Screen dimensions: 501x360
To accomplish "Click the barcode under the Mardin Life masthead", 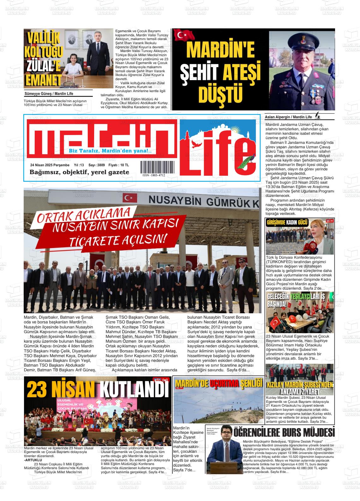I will [x=153, y=166].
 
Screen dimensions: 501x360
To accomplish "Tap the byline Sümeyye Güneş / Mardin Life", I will [x=49, y=94].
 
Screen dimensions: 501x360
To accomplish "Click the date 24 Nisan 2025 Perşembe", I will [x=50, y=165].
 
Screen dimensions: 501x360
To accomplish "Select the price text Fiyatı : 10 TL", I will [x=118, y=165].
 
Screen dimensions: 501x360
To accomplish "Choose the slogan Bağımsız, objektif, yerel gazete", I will [x=79, y=172].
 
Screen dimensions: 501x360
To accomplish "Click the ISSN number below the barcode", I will [x=153, y=175].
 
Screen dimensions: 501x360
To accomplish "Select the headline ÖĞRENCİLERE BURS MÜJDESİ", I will [x=284, y=432].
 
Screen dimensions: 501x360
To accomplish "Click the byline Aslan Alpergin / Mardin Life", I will [x=288, y=117].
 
